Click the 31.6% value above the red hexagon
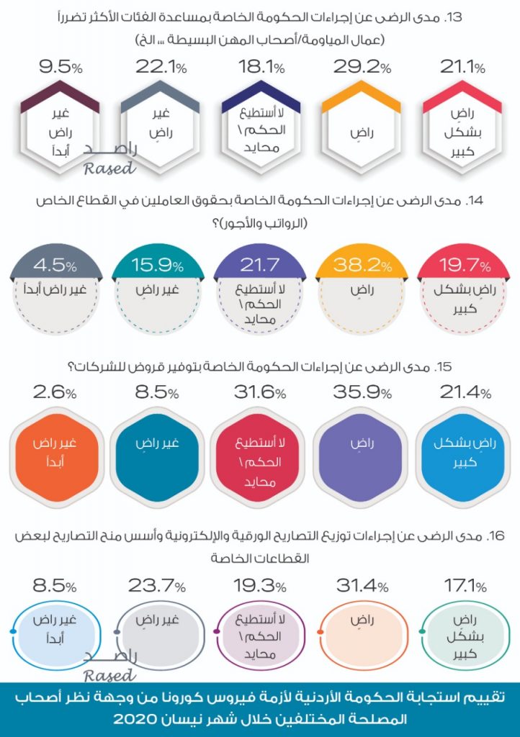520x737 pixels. tap(259, 393)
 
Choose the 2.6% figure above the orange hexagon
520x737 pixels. tap(54, 393)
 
